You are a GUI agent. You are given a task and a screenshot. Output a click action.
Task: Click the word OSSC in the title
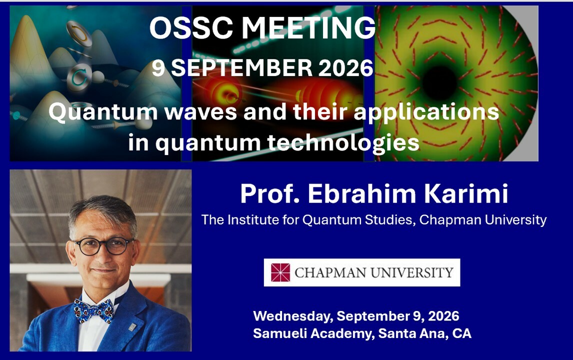click(191, 28)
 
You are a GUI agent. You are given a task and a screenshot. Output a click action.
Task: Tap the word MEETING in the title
click(309, 28)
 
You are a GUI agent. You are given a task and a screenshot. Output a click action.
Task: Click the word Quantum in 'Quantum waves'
click(103, 112)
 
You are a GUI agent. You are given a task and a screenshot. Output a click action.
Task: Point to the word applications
click(426, 112)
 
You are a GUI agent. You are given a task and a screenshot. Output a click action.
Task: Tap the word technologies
click(343, 143)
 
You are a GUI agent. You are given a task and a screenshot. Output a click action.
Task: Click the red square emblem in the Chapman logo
click(280, 272)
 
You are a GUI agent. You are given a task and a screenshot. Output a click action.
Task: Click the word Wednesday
click(293, 316)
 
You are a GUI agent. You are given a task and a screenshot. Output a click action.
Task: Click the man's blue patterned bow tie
click(94, 310)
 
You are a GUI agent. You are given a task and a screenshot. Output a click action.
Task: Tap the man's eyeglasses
click(103, 246)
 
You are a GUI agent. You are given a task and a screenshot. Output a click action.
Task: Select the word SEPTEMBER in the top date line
click(241, 68)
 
